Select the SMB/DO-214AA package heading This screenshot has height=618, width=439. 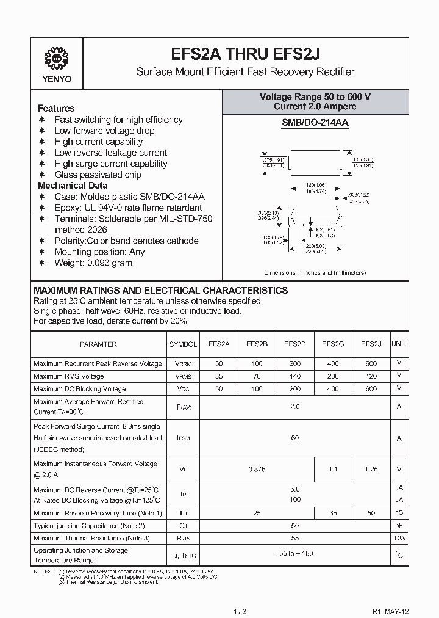315,123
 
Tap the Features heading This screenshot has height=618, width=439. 56,108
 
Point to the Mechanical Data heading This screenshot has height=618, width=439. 73,186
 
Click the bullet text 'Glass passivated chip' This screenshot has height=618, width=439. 98,175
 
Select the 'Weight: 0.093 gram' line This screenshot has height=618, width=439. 93,263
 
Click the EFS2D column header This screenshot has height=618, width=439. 294,344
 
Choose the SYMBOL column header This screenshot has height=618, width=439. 183,344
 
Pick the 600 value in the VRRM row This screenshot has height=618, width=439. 371,363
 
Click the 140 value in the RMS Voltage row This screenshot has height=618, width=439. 294,376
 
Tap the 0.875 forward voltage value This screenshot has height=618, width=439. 257,469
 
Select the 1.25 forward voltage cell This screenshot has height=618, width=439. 371,469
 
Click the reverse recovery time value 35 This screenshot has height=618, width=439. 333,513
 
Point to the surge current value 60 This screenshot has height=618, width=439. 294,438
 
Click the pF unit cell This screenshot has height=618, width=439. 399,525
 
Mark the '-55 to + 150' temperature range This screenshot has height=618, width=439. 294,554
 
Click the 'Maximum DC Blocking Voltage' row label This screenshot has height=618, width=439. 79,388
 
